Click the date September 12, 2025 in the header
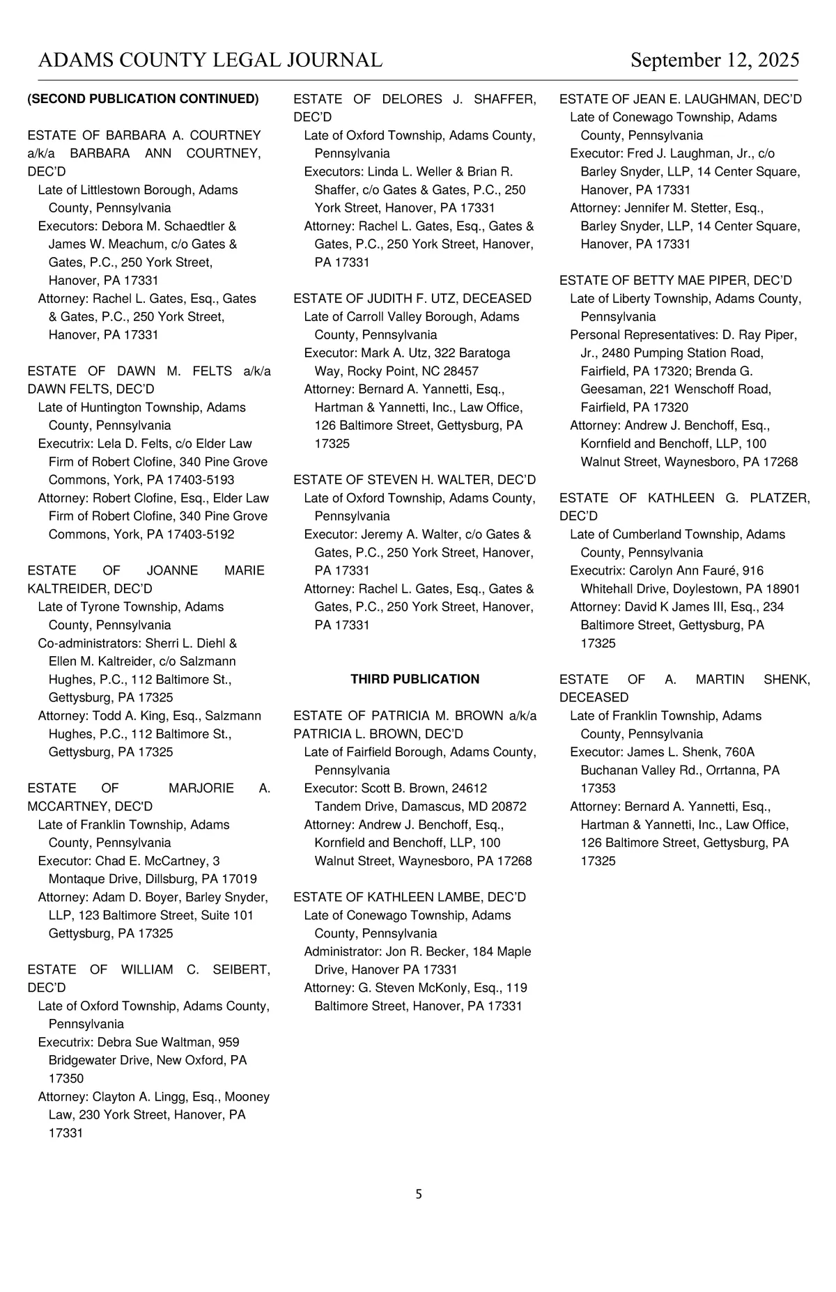715,61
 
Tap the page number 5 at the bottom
419,1194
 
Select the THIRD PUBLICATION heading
415,679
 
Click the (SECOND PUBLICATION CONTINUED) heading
143,99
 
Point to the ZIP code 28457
460,371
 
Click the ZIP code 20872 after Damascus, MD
509,807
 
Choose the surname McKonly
432,988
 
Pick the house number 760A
739,752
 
